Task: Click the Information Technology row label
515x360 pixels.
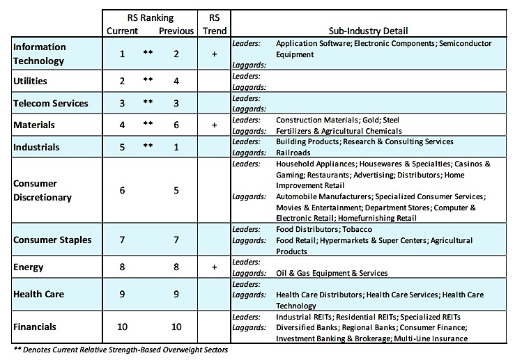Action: point(39,54)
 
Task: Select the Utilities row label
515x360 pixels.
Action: point(30,81)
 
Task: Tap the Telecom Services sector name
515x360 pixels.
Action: point(51,103)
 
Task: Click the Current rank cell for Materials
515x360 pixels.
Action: point(122,125)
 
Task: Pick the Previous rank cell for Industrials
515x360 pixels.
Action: point(176,147)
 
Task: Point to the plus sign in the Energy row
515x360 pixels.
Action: point(214,267)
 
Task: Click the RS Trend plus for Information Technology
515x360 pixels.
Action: point(214,54)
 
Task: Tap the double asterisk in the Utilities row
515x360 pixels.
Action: point(148,79)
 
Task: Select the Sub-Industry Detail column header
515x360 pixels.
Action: point(368,31)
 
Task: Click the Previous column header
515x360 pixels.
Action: point(176,31)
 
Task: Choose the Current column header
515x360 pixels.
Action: point(122,31)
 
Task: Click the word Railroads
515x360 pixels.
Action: point(293,152)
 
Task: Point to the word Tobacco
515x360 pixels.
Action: point(358,229)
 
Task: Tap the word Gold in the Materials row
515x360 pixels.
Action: point(371,120)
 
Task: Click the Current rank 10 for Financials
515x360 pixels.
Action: point(122,327)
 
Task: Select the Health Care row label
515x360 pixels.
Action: point(39,294)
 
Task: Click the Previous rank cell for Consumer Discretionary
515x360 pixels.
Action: point(176,190)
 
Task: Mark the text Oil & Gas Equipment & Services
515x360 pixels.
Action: point(332,273)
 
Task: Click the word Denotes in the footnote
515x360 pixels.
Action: point(36,350)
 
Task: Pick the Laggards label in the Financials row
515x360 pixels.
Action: point(249,328)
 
